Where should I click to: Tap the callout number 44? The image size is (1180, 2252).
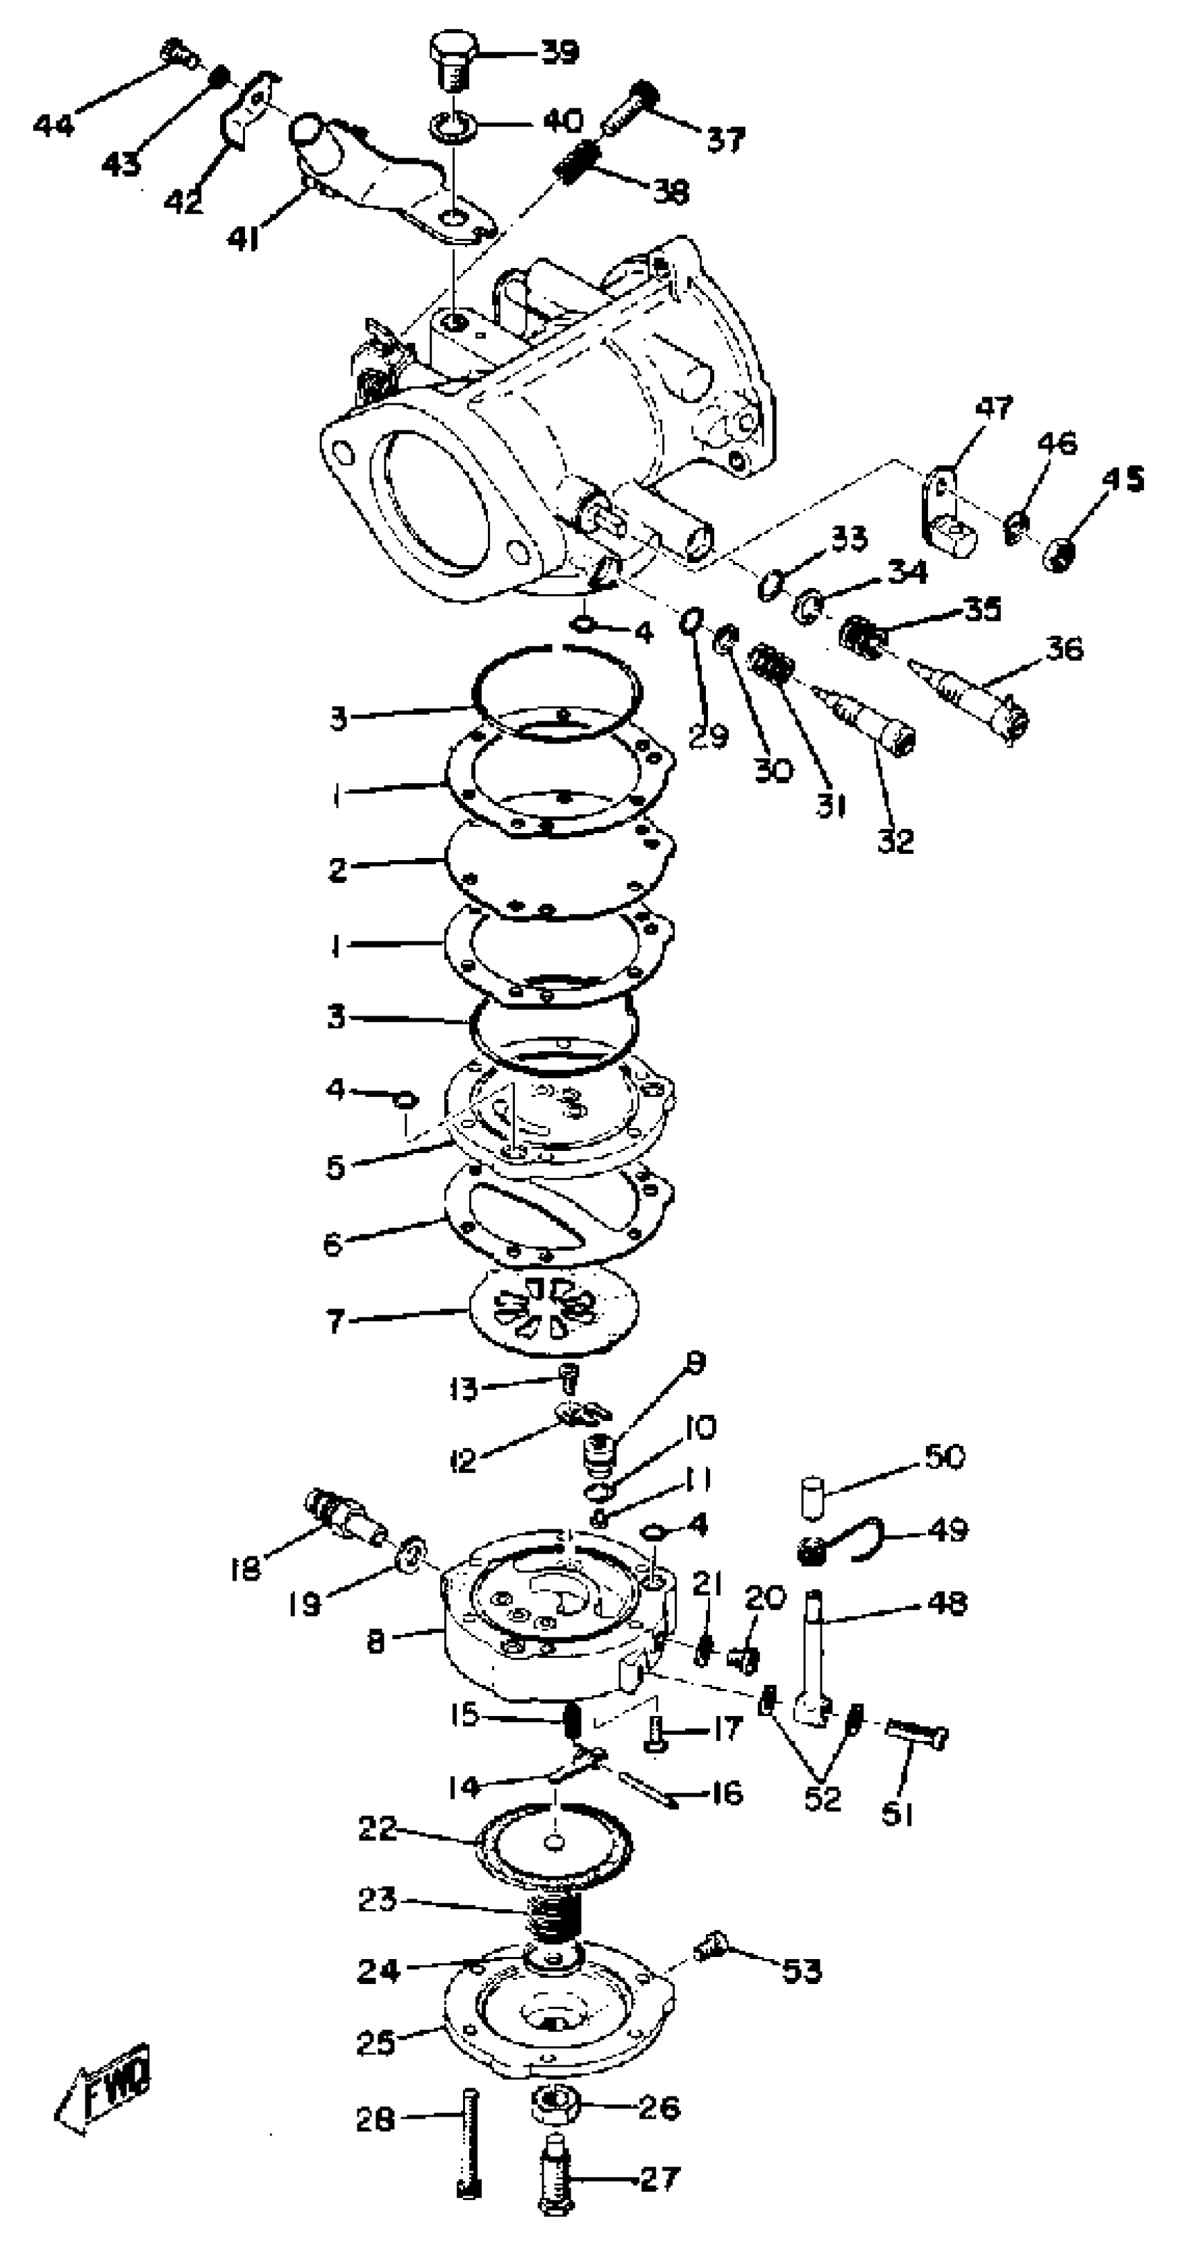(53, 126)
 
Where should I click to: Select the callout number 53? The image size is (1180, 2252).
(802, 1972)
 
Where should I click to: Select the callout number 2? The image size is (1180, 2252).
(337, 869)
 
